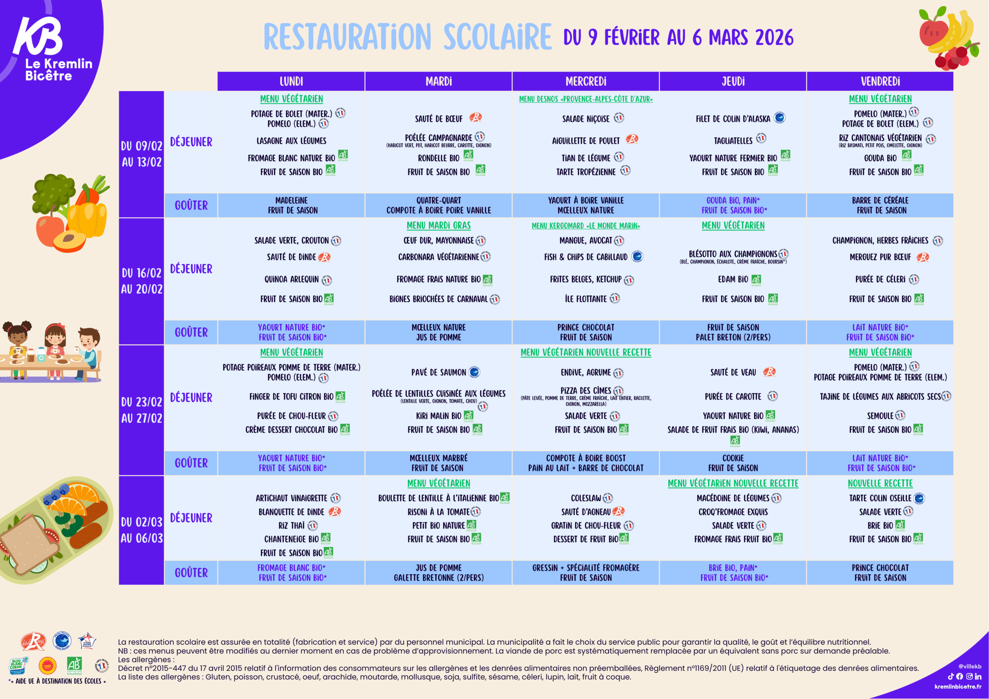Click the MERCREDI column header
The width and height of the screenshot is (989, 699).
pyautogui.click(x=585, y=81)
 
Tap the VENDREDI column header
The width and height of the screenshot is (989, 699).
pyautogui.click(x=880, y=81)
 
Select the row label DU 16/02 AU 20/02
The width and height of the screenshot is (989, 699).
pyautogui.click(x=142, y=281)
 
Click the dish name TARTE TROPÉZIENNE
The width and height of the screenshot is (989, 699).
pyautogui.click(x=586, y=172)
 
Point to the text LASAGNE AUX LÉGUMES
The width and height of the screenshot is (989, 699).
pyautogui.click(x=291, y=141)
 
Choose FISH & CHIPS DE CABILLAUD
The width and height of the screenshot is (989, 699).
pyautogui.click(x=586, y=257)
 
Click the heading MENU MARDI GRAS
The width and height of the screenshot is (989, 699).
pyautogui.click(x=438, y=225)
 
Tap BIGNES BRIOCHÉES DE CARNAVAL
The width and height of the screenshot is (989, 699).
pyautogui.click(x=438, y=299)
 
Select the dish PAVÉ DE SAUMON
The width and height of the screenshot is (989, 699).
pyautogui.click(x=438, y=372)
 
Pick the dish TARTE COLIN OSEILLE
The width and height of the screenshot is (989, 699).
pyautogui.click(x=880, y=498)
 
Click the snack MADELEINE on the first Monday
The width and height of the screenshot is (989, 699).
pyautogui.click(x=291, y=201)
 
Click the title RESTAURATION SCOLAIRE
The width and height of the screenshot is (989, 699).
pyautogui.click(x=408, y=37)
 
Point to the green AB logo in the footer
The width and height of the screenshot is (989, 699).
pyautogui.click(x=74, y=665)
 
